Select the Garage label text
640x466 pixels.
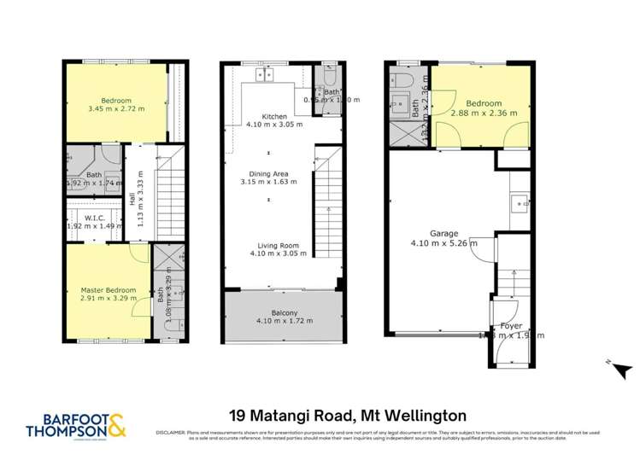click(x=443, y=233)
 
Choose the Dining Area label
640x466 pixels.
click(x=268, y=172)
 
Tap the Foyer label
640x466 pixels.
click(x=512, y=325)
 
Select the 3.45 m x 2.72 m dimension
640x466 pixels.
click(x=116, y=109)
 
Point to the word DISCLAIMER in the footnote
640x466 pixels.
click(x=169, y=434)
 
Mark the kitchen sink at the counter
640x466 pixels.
click(x=264, y=76)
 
